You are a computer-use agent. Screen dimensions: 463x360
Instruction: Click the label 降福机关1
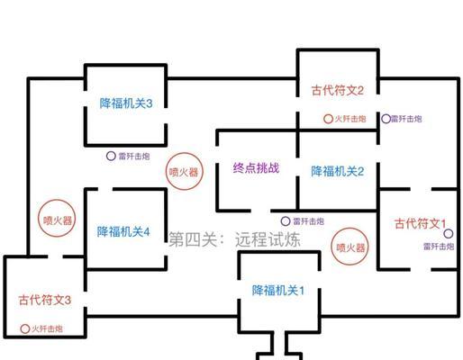277,291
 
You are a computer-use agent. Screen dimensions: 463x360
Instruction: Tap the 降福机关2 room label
337,171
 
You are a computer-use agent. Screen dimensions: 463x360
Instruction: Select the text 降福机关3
126,103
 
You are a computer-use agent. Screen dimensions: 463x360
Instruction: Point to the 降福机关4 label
123,231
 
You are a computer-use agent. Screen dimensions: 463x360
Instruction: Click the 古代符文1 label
420,223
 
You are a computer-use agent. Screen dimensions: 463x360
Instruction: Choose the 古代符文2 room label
338,90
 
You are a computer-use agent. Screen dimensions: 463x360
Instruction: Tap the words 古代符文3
45,300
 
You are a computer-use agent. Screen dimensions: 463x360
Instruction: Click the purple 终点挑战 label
256,167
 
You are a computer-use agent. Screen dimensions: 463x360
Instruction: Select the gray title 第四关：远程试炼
234,239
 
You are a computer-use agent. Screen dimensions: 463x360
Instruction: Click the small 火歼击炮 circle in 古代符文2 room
328,119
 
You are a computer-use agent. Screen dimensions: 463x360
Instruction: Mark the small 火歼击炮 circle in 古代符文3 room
24,328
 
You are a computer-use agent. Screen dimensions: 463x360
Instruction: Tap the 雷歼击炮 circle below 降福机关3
111,156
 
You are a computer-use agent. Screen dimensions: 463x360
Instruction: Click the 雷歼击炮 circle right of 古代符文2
386,119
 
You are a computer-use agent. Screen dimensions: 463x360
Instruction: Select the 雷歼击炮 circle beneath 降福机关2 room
286,221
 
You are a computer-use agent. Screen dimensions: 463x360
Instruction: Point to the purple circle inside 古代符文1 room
448,234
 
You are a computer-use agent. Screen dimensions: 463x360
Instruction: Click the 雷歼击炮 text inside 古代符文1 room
439,247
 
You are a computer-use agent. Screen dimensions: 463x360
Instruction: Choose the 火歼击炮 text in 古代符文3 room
47,328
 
